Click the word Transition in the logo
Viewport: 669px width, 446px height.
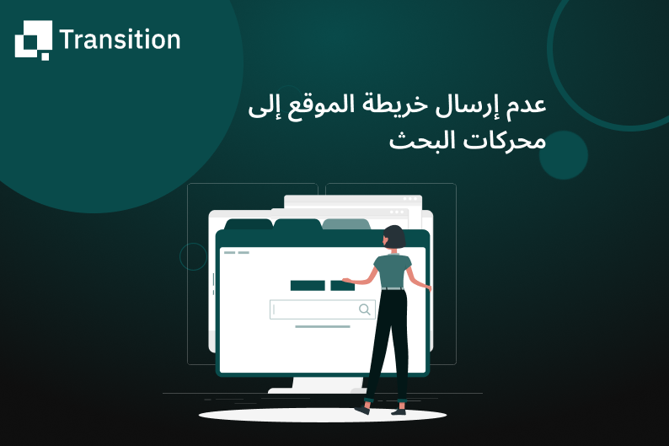120,40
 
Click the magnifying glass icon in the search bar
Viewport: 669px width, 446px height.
365,309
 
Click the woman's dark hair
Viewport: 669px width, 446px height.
393,238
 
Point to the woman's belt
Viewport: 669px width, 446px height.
393,288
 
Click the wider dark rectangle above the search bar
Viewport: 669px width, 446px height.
308,286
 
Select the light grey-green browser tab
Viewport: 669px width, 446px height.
346,224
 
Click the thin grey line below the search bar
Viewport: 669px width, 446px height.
323,326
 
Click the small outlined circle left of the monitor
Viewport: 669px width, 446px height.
193,257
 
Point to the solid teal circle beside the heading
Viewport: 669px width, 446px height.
563,155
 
